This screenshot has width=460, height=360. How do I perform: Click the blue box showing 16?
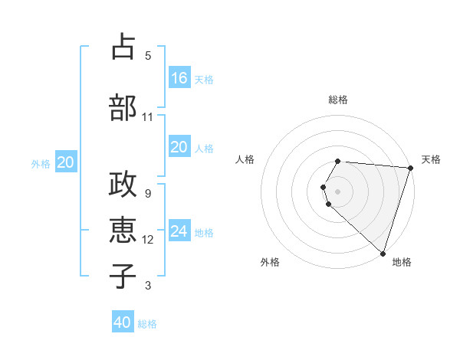[x=179, y=78]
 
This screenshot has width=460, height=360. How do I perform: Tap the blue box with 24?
[x=179, y=231]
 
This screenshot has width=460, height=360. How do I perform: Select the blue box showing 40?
[x=123, y=322]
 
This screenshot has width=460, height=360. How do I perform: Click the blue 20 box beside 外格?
[x=66, y=162]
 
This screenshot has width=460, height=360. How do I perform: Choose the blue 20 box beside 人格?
[x=179, y=147]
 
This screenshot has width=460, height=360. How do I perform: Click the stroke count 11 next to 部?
[x=148, y=117]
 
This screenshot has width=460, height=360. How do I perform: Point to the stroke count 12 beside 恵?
[x=148, y=240]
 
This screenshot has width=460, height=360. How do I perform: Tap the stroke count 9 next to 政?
[x=148, y=194]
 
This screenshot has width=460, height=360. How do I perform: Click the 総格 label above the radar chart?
[x=338, y=100]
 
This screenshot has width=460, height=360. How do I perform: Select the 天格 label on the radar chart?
[x=431, y=159]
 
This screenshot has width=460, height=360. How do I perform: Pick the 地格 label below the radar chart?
[x=402, y=262]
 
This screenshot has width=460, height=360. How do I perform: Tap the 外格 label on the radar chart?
[x=270, y=262]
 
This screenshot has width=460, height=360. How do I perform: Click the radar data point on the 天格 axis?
[x=410, y=168]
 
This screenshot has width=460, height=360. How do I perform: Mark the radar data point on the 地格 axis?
[x=383, y=253]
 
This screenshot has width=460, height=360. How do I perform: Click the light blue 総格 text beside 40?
[x=148, y=324]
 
